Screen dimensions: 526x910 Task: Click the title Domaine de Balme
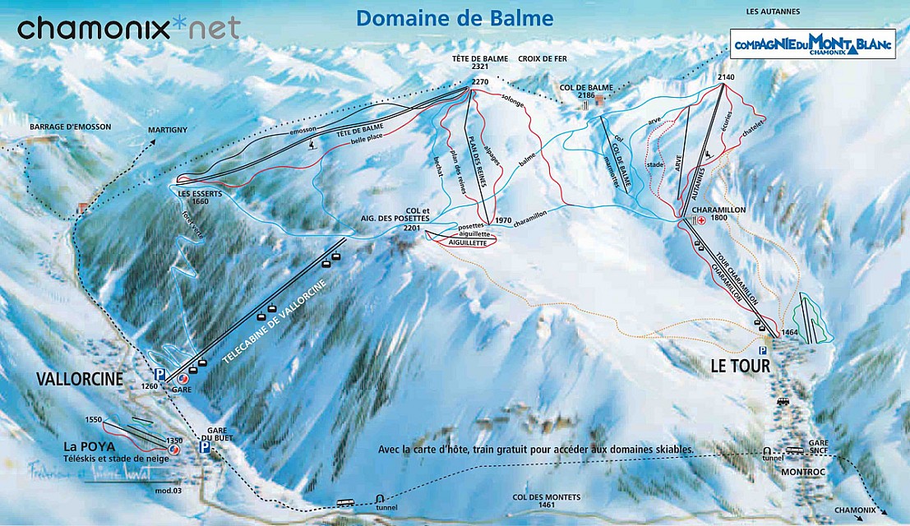455,17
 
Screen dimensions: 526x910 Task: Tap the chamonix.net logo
129,28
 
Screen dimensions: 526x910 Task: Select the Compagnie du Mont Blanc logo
812,44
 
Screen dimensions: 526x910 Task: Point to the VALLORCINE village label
79,378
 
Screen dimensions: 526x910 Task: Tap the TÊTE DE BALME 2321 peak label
481,65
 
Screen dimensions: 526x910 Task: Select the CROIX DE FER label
543,59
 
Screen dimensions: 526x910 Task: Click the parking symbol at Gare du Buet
204,448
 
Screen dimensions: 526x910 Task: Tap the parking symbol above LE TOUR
762,350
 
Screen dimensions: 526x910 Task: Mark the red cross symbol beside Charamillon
700,220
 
